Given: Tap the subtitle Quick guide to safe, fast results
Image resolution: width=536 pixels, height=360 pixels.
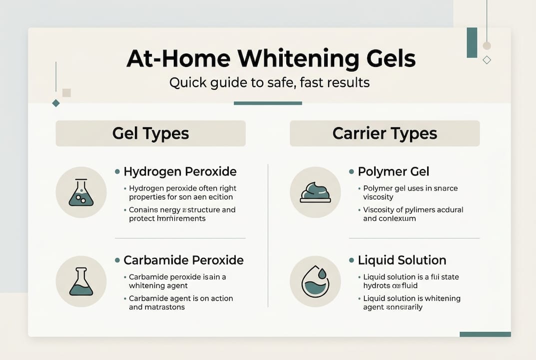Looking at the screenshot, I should (x=269, y=82).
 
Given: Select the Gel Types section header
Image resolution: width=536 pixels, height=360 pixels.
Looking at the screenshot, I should (x=150, y=133).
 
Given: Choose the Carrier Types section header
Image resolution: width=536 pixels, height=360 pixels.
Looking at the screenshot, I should (x=385, y=133).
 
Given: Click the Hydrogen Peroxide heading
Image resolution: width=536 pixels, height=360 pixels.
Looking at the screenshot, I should (x=180, y=171).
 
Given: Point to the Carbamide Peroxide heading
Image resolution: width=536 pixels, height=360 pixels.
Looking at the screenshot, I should (x=183, y=260).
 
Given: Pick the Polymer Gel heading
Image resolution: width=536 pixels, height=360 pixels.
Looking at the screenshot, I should (x=394, y=171).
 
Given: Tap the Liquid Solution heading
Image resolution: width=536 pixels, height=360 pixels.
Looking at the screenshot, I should (x=402, y=260).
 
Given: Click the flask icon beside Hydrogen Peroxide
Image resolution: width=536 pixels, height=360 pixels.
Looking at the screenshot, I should (x=81, y=192).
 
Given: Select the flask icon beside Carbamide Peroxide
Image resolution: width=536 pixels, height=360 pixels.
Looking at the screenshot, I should (x=81, y=281).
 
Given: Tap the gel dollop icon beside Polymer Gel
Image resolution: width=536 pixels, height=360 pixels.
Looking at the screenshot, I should (x=315, y=192).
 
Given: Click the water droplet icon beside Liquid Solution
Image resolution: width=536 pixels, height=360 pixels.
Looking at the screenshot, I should (x=315, y=281).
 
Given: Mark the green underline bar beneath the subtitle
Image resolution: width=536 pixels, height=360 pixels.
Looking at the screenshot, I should (x=268, y=103).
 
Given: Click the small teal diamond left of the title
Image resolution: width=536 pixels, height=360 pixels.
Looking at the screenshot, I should (x=56, y=103).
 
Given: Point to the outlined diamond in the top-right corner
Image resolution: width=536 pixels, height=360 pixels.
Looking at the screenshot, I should (x=487, y=60).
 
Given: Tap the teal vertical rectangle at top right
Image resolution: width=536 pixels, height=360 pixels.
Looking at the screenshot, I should (x=472, y=42).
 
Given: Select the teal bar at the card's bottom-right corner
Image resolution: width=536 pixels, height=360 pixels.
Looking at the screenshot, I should (x=485, y=334).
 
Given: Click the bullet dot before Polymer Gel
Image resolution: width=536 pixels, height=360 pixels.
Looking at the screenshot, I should (x=351, y=172).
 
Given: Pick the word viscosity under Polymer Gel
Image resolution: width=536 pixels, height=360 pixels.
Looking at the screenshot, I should (x=379, y=197).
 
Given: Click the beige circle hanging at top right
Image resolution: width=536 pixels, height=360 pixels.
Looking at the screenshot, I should (x=487, y=46).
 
